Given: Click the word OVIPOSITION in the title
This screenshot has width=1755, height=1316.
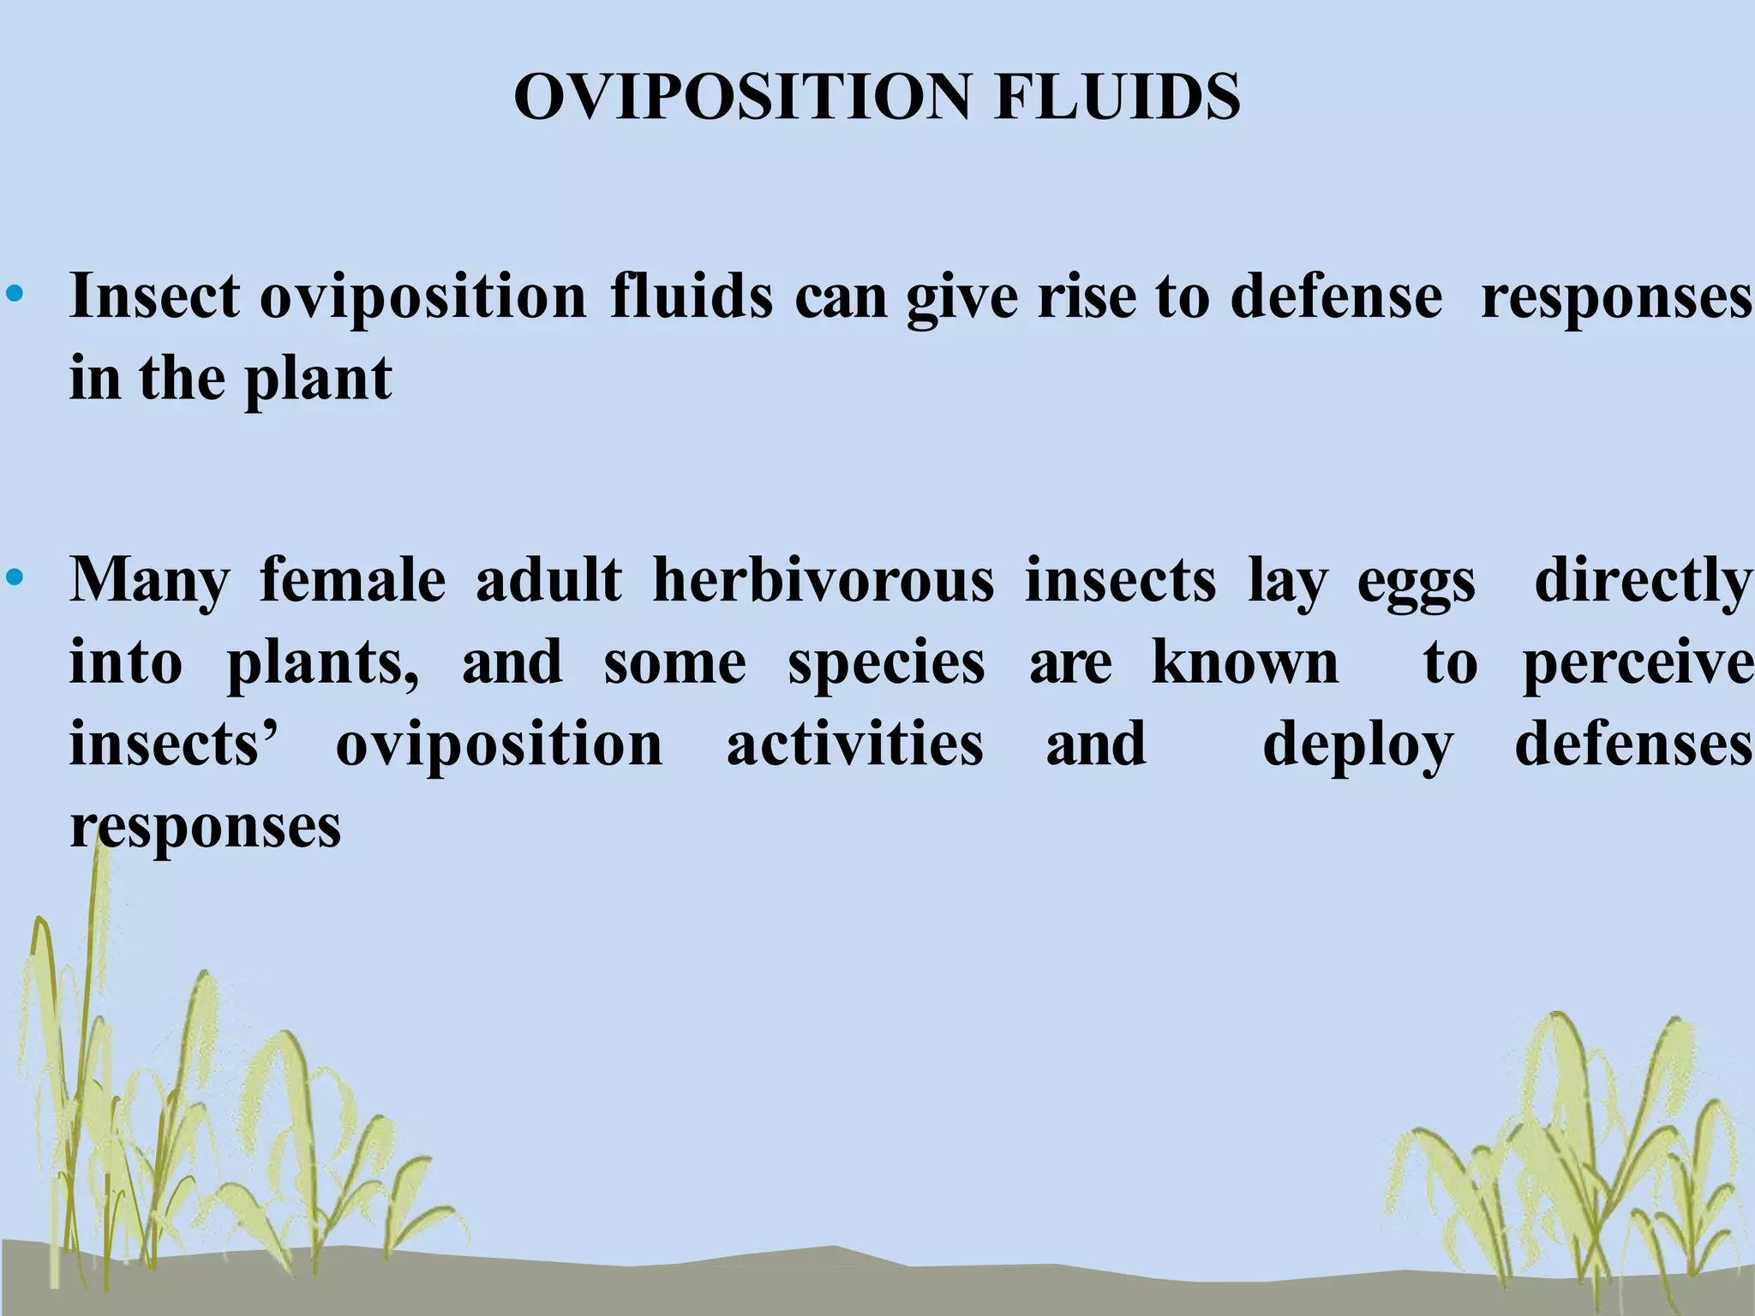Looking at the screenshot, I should coord(742,96).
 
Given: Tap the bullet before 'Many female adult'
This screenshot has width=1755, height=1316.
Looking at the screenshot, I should coord(15,580).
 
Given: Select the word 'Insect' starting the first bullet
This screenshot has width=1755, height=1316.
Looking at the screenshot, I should coord(155,296).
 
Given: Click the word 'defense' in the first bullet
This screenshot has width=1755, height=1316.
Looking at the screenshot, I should coord(1336,296).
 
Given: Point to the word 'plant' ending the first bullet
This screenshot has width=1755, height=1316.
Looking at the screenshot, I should coord(318,378).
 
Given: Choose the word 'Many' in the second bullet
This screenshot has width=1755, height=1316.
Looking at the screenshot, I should coord(150,580).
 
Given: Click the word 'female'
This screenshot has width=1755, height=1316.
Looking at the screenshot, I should coord(352,580).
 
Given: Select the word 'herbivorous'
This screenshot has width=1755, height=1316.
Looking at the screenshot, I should coord(823,580).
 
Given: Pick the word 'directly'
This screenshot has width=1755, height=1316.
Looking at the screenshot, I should coord(1643,580).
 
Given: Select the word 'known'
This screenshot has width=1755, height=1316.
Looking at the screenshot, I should coord(1244,662).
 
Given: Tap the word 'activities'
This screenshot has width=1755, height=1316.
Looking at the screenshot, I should coord(854,744).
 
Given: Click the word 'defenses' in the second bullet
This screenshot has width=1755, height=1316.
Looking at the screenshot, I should coord(1633,744).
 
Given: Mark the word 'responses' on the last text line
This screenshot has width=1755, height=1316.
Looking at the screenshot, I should coord(206,828).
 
